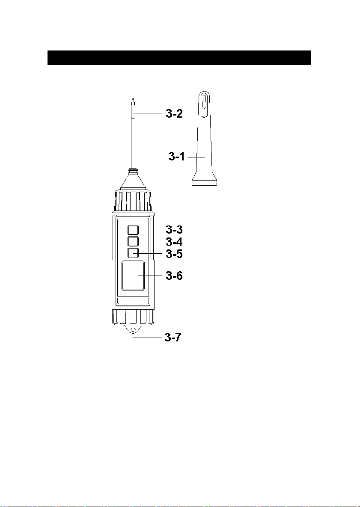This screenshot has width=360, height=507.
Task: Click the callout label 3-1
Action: coord(176,157)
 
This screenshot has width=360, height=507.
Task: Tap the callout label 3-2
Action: coord(174,113)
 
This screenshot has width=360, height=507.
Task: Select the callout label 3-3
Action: coord(174,230)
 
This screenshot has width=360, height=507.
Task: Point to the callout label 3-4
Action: coord(174,242)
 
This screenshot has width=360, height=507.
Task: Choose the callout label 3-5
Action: coord(174,254)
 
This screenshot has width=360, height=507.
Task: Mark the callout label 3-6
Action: coord(174,276)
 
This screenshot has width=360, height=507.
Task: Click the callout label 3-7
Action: coord(173,338)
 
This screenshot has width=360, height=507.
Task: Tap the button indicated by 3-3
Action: coord(133,230)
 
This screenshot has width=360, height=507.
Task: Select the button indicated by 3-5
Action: coord(133,253)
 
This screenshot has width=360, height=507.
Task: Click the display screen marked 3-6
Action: coord(133,276)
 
